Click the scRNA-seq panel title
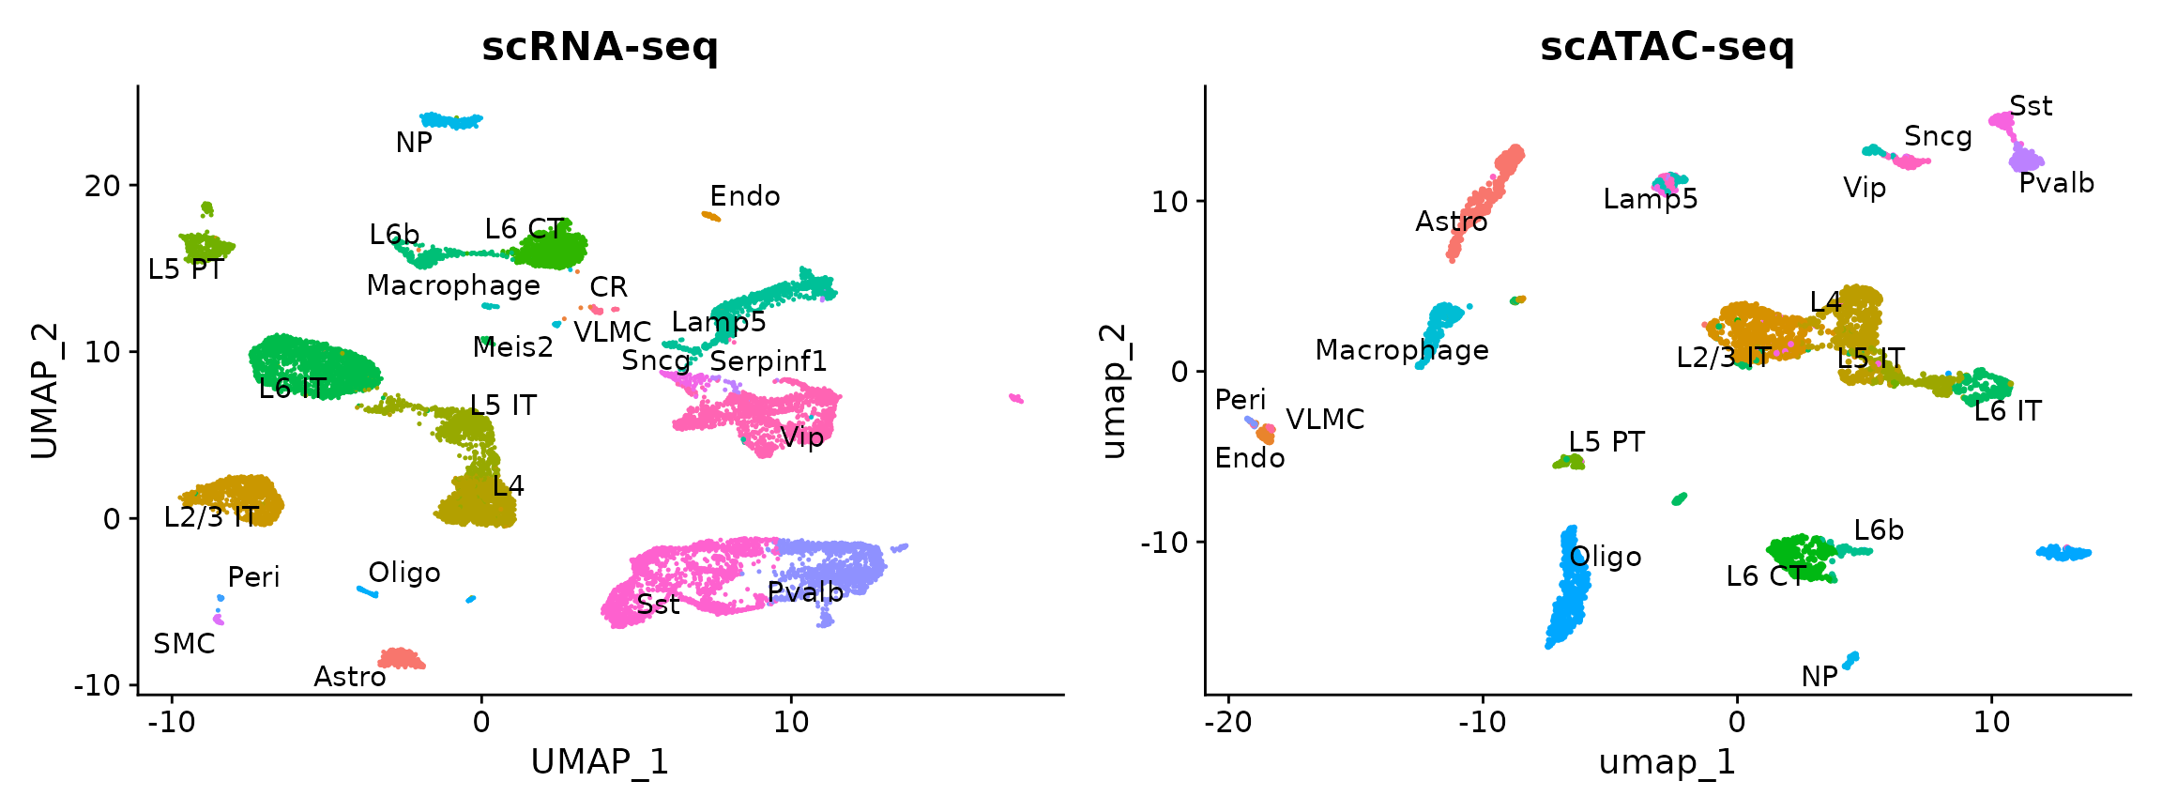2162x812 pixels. tap(600, 47)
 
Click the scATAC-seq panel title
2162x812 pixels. tap(1667, 47)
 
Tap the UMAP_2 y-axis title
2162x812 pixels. tap(45, 391)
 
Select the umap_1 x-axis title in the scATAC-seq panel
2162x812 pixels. tap(1667, 761)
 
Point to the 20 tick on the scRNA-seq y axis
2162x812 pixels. tap(102, 186)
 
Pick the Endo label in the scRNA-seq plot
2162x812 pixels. tap(745, 196)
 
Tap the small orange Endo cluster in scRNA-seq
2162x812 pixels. tap(711, 217)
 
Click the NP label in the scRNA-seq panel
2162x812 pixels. tap(414, 143)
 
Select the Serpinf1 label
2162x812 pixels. tap(769, 361)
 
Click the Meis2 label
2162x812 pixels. tap(512, 347)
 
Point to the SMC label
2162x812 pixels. tap(184, 644)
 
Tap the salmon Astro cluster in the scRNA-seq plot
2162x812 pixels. tap(402, 658)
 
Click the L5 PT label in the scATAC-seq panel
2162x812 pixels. tap(1606, 442)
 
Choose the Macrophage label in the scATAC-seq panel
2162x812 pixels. tap(1402, 350)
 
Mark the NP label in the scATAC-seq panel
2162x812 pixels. tap(1819, 677)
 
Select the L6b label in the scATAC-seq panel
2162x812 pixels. tap(1879, 530)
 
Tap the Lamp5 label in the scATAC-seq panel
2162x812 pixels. tap(1651, 199)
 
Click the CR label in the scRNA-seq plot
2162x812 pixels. tap(608, 287)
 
